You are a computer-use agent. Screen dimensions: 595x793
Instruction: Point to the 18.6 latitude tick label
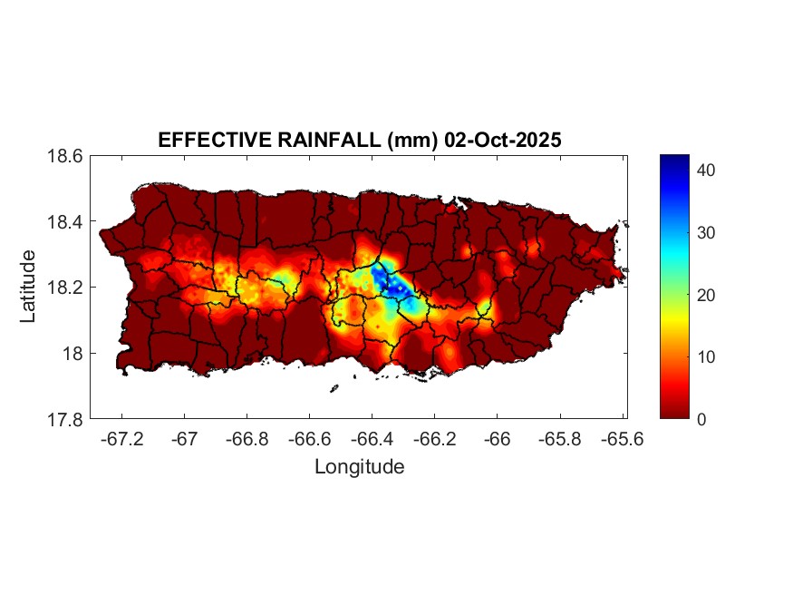point(65,156)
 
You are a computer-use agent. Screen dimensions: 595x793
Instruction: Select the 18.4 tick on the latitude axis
point(65,222)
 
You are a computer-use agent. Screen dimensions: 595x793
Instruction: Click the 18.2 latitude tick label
point(65,288)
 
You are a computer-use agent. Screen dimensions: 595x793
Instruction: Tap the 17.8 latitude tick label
point(65,420)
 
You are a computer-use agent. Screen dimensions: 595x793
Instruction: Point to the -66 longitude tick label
point(497,439)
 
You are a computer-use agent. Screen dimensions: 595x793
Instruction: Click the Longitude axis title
point(359,467)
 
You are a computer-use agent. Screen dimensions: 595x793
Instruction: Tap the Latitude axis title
point(28,287)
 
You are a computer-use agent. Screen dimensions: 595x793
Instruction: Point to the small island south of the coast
point(334,389)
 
